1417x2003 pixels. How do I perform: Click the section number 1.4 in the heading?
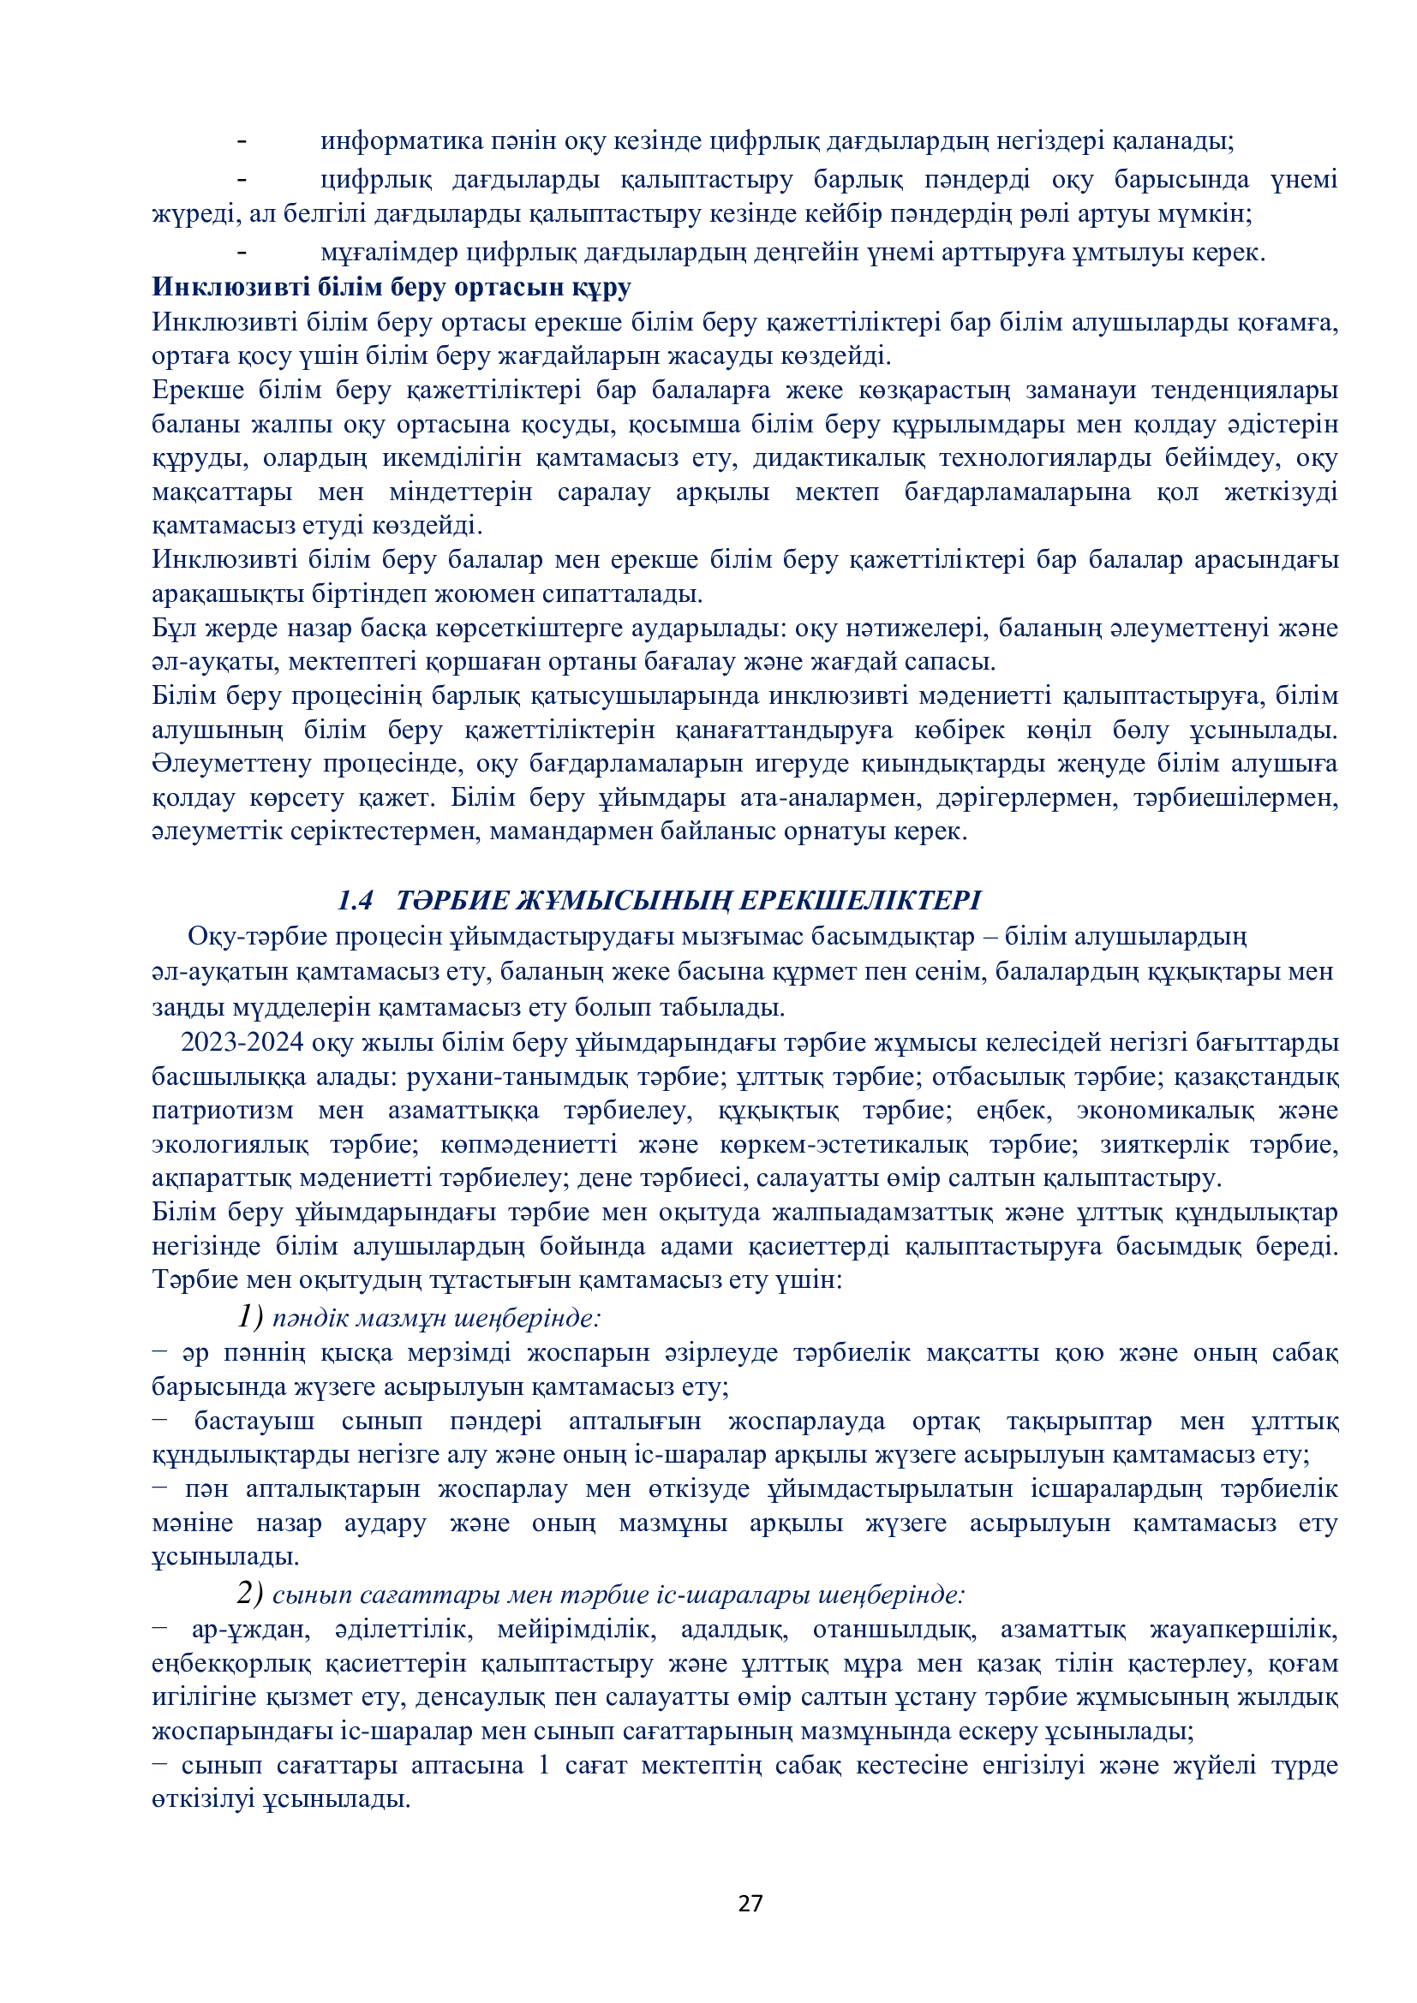[x=355, y=899]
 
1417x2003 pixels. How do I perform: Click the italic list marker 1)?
[x=249, y=1315]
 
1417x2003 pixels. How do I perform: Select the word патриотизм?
[x=223, y=1111]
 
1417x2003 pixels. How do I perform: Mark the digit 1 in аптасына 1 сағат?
[x=544, y=1765]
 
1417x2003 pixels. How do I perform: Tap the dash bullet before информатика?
[x=242, y=141]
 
